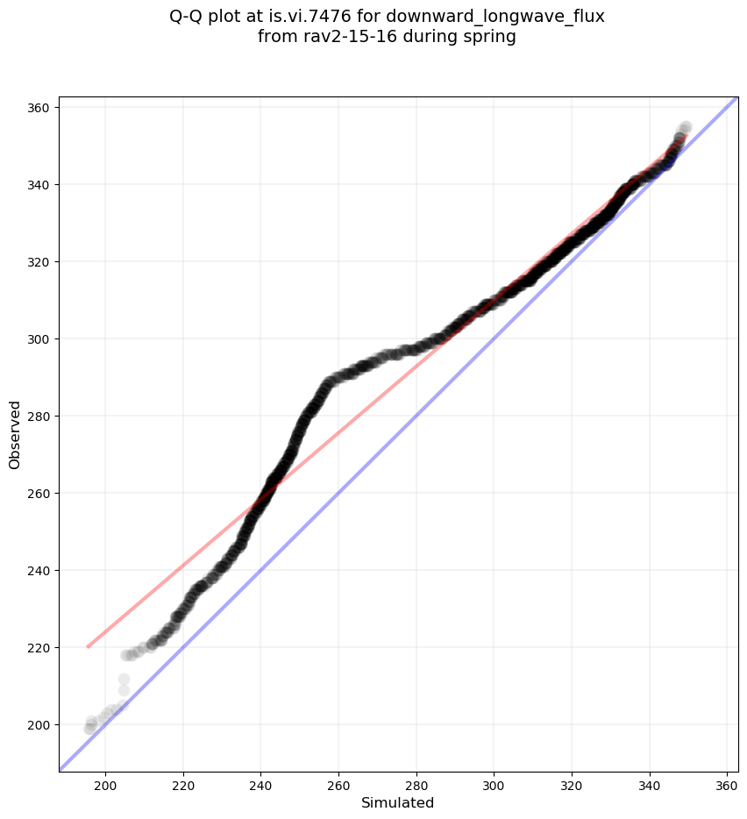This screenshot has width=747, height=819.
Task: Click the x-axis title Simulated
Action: click(x=398, y=802)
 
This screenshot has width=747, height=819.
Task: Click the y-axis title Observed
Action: click(x=15, y=434)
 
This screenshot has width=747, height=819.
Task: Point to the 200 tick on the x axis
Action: click(x=106, y=772)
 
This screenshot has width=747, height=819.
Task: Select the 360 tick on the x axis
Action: click(x=728, y=772)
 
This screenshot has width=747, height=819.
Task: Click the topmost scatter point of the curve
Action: click(x=686, y=127)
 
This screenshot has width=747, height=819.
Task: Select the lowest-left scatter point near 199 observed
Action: click(x=89, y=729)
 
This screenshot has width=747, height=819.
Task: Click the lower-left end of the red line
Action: click(x=88, y=647)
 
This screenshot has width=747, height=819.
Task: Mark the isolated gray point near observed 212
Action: click(x=124, y=679)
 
